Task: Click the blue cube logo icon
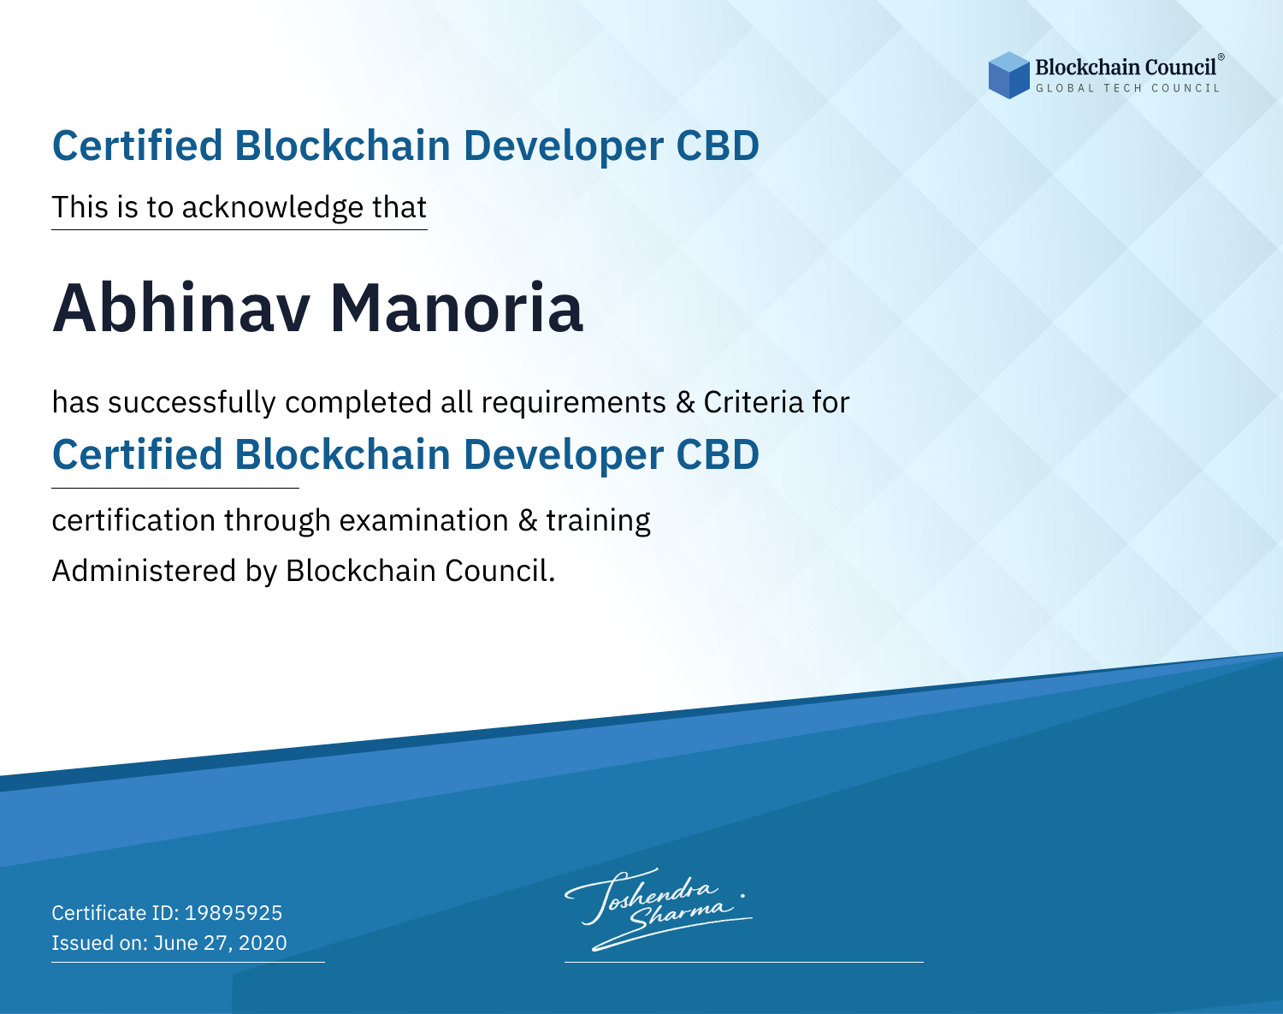pyautogui.click(x=1008, y=75)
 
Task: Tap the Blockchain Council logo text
pyautogui.click(x=1126, y=67)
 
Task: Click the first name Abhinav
pyautogui.click(x=181, y=309)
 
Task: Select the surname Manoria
pyautogui.click(x=457, y=309)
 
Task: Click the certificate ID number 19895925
pyautogui.click(x=234, y=912)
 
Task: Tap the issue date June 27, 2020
pyautogui.click(x=220, y=943)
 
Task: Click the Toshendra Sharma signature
pyautogui.click(x=659, y=909)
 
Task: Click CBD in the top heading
pyautogui.click(x=718, y=145)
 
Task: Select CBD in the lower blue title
pyautogui.click(x=718, y=454)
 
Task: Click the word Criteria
pyautogui.click(x=753, y=402)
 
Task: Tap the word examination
pyautogui.click(x=424, y=520)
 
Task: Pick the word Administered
pyautogui.click(x=145, y=571)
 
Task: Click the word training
pyautogui.click(x=599, y=521)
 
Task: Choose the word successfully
pyautogui.click(x=192, y=403)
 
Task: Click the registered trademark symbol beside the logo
pyautogui.click(x=1221, y=56)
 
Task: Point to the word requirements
pyautogui.click(x=574, y=403)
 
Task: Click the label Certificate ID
pyautogui.click(x=115, y=912)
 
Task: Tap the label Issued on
pyautogui.click(x=99, y=943)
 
